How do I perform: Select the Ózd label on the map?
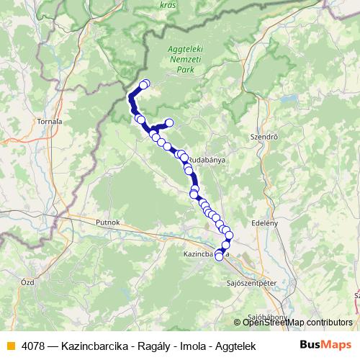click(28, 282)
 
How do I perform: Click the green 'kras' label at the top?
click(168, 4)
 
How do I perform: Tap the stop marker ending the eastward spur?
click(170, 122)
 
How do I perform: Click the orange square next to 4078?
click(9, 345)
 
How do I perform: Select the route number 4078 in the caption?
click(34, 345)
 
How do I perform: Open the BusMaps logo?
click(326, 344)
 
